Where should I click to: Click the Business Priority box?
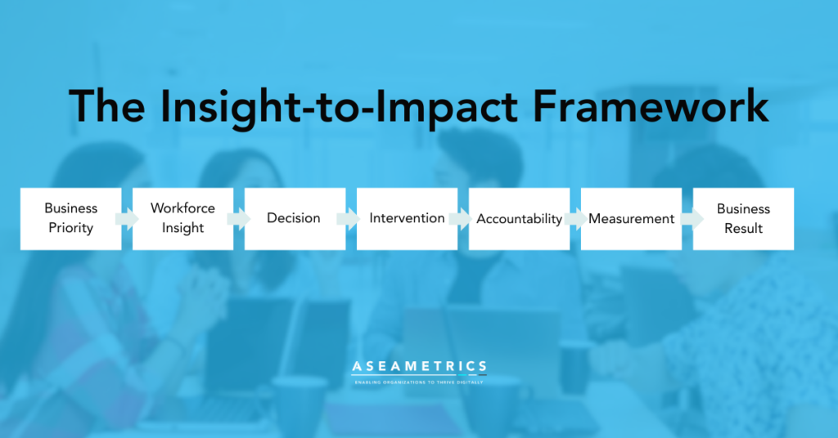pos(70,219)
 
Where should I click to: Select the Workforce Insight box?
pos(182,219)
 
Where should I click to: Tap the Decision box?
pos(295,219)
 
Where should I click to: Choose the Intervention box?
pos(408,219)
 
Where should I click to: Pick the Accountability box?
pos(519,219)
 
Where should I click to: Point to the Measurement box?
pos(631,219)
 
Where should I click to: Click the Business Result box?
pos(743,219)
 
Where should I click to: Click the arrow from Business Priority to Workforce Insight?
pos(127,219)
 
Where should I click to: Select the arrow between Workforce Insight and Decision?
pos(239,219)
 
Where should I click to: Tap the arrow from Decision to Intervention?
pos(349,219)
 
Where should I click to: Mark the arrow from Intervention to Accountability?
pos(461,219)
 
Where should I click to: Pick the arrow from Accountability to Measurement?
pos(576,219)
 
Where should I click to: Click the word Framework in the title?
pos(651,106)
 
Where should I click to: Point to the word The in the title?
pos(107,106)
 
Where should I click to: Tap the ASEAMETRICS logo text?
pos(420,367)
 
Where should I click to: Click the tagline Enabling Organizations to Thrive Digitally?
pos(419,382)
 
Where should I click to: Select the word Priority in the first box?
pos(71,228)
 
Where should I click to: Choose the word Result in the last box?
pos(743,228)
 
